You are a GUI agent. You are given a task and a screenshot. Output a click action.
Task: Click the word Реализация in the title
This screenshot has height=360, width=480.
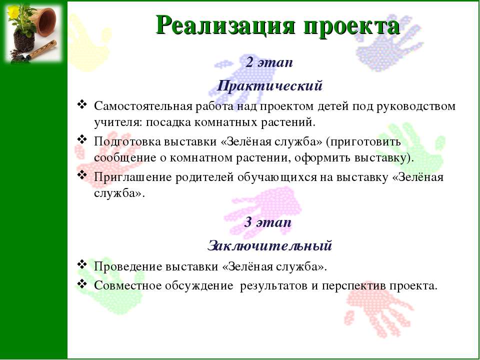pos(225,25)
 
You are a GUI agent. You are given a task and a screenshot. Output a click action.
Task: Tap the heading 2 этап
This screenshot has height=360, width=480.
pos(269,62)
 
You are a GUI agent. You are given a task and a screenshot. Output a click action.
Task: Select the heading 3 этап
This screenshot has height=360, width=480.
pos(268,222)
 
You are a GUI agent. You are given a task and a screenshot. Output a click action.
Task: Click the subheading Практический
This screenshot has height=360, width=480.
pos(269,86)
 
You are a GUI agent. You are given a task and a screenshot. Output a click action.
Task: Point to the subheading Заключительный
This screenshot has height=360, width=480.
pos(269,245)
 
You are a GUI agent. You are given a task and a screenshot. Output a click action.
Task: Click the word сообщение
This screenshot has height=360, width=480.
pos(125,158)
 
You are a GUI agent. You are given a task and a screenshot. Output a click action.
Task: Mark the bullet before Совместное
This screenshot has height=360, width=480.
pos(81,284)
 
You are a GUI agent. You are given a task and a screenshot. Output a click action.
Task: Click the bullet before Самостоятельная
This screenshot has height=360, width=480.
pos(81,104)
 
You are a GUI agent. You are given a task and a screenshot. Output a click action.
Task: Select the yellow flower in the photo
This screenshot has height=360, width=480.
pos(13,11)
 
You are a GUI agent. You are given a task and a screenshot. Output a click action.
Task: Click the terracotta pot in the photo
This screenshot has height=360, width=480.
pos(46,21)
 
